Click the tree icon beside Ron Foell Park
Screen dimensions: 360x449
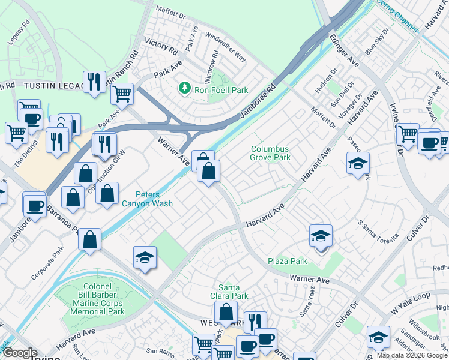coord(184,89)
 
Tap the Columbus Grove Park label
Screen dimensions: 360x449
coord(270,153)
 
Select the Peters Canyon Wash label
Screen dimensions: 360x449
coord(154,199)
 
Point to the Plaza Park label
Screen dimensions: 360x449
coord(288,261)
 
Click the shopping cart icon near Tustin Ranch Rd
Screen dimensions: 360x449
coord(122,93)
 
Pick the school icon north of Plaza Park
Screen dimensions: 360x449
coord(321,236)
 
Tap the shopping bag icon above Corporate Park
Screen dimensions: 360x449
coord(89,239)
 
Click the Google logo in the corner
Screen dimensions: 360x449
coord(20,353)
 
